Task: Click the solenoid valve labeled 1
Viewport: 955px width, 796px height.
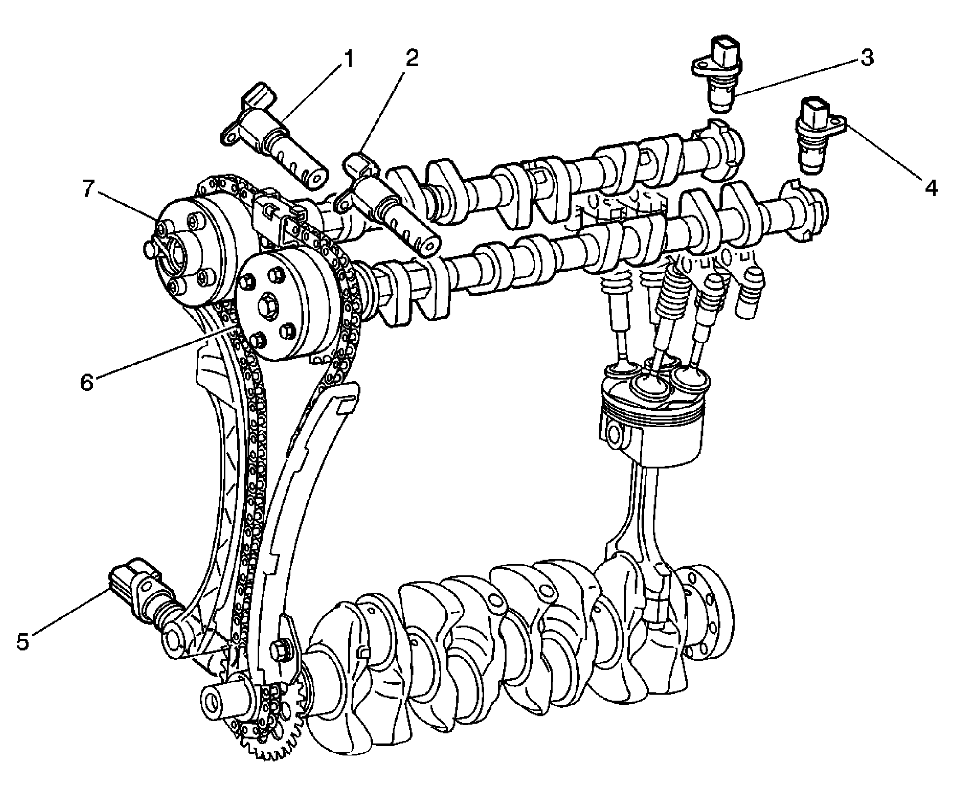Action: (x=277, y=138)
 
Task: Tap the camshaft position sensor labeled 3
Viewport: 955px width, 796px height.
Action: (x=719, y=78)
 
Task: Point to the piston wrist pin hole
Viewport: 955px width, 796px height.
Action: (x=614, y=435)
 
